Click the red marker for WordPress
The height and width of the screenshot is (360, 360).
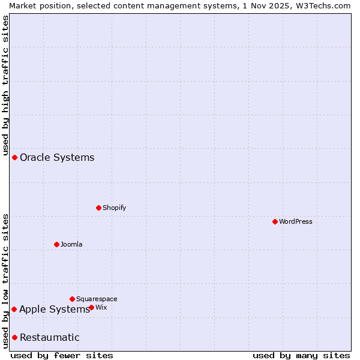pyautogui.click(x=275, y=221)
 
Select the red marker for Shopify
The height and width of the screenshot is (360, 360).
pyautogui.click(x=98, y=208)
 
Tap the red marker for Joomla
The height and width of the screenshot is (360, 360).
pyautogui.click(x=56, y=244)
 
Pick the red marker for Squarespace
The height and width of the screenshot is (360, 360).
pyautogui.click(x=72, y=299)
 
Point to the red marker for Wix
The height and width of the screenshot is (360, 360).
pyautogui.click(x=91, y=307)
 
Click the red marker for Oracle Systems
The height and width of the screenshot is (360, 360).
pyautogui.click(x=14, y=157)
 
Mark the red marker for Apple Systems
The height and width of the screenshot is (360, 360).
pyautogui.click(x=14, y=309)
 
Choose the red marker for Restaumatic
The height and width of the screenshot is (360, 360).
pyautogui.click(x=14, y=337)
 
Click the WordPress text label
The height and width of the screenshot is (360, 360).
pyautogui.click(x=296, y=221)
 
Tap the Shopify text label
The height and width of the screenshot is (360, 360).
pyautogui.click(x=115, y=208)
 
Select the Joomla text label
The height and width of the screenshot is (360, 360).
pyautogui.click(x=71, y=244)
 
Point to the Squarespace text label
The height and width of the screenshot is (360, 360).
pyautogui.click(x=97, y=299)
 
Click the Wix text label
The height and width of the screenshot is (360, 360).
pyautogui.click(x=101, y=307)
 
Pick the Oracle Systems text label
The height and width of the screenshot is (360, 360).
pyautogui.click(x=57, y=157)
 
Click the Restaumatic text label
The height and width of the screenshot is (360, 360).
pyautogui.click(x=50, y=337)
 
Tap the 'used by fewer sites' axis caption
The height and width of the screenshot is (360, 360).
pyautogui.click(x=62, y=355)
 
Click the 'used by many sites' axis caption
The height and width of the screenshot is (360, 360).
pyautogui.click(x=301, y=355)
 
